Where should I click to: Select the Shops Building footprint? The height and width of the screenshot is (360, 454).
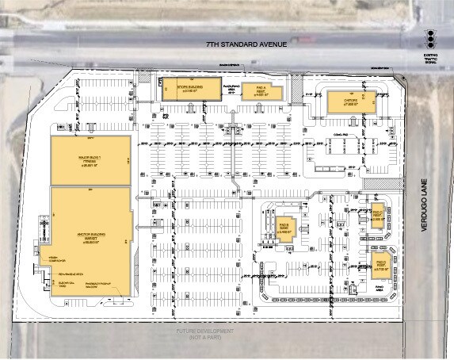click(x=189, y=89)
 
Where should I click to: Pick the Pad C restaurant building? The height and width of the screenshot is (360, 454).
click(x=378, y=214)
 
